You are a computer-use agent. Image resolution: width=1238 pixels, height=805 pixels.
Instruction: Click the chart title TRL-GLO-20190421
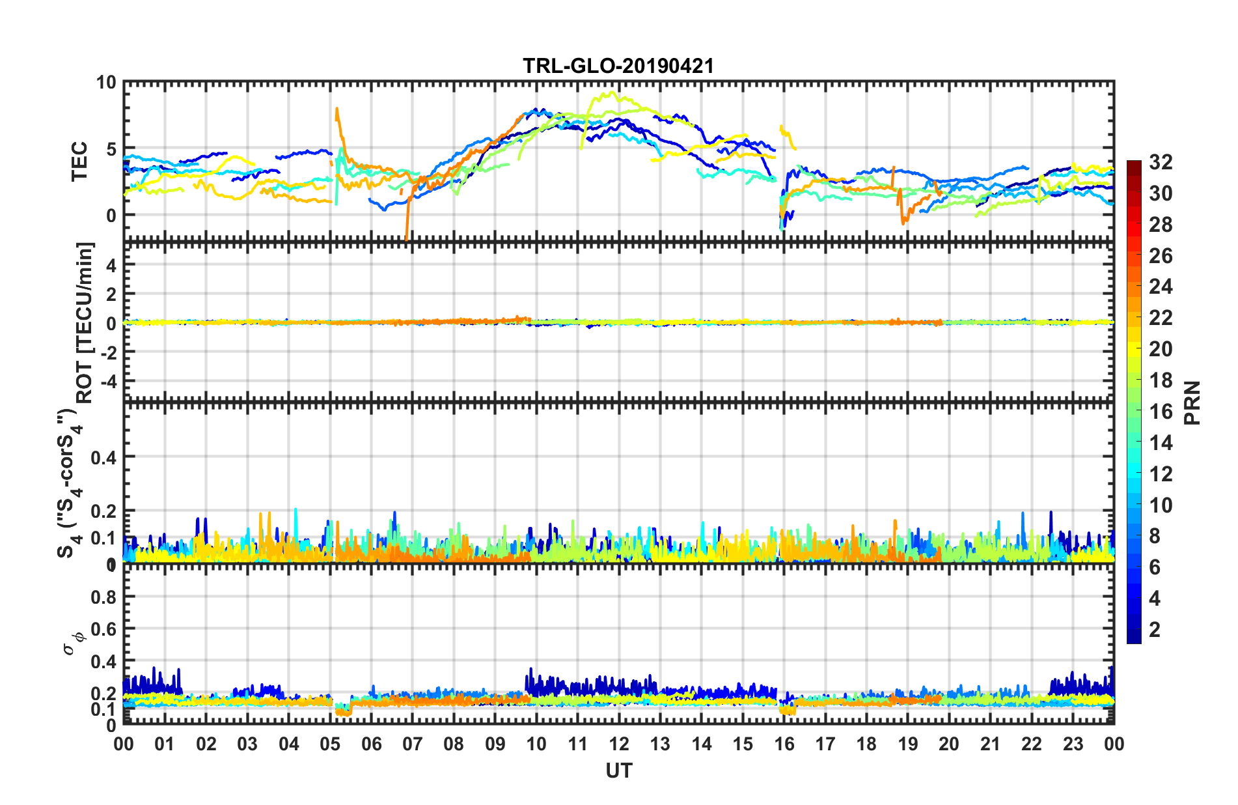[618, 66]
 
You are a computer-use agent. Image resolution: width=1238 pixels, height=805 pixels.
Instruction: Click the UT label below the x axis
[618, 771]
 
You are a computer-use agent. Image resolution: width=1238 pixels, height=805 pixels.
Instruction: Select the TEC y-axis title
[79, 161]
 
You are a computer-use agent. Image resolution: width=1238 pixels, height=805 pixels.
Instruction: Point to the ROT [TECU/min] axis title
[85, 322]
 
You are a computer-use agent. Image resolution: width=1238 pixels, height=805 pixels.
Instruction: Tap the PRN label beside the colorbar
[1192, 402]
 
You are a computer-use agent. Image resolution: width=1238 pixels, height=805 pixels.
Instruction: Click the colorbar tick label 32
[1161, 162]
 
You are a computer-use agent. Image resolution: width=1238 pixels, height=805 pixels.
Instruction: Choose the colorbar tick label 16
[1161, 412]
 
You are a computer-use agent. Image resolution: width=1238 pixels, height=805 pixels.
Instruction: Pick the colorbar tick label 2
[1155, 630]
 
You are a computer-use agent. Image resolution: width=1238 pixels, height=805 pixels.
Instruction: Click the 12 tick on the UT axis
[618, 744]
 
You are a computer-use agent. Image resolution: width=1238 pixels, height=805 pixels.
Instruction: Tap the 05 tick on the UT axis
[330, 744]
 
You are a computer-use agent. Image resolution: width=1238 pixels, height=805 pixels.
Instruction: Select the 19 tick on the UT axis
[907, 744]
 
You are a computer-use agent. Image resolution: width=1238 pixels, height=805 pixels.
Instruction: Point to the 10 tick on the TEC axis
[105, 83]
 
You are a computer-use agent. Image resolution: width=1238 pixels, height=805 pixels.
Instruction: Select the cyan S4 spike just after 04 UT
[296, 510]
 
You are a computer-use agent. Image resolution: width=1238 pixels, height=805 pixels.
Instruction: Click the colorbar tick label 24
[1161, 287]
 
